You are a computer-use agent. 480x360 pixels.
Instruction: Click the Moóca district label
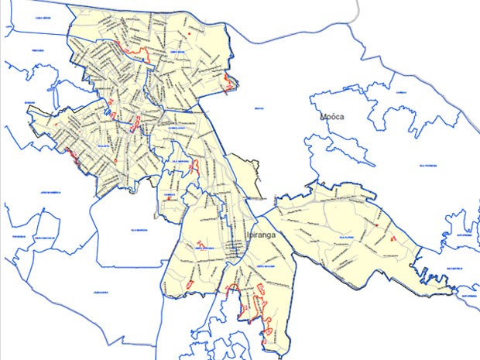pos(333,117)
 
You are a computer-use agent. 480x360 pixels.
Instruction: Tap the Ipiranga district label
pos(260,235)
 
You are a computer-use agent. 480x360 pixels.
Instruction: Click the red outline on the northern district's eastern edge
pos(228,84)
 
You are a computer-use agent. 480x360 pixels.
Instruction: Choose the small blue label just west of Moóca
pos(259,109)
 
